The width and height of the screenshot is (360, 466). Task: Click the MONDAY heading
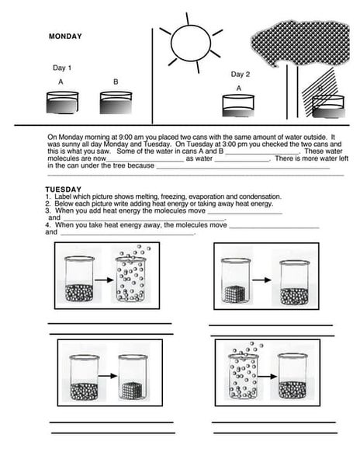65,37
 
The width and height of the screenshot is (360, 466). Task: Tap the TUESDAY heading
64,190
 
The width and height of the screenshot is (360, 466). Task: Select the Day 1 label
62,68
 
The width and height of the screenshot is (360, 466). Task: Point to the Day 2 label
240,75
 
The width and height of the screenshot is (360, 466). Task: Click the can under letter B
116,103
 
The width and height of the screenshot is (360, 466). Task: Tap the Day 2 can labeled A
239,105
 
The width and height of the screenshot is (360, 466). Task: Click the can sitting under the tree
328,105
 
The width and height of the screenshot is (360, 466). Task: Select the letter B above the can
116,82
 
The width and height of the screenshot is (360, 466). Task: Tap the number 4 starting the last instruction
47,224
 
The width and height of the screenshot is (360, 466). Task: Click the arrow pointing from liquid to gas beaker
103,280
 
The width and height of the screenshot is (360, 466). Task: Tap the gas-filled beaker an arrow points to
135,277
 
